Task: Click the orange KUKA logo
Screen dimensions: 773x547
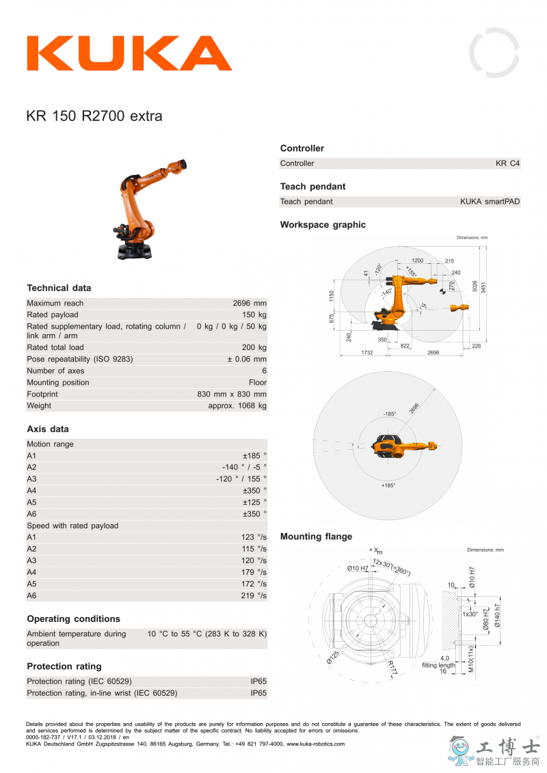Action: (x=129, y=53)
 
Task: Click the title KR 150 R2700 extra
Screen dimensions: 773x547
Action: (x=94, y=116)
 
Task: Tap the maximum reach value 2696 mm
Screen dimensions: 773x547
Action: (x=250, y=303)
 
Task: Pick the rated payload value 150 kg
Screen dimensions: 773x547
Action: (x=254, y=315)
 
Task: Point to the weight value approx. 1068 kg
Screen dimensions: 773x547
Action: (x=237, y=406)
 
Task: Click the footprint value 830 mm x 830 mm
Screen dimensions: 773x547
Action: (x=232, y=394)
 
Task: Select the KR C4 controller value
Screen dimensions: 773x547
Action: (x=507, y=163)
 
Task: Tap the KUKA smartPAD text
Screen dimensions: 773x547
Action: (x=490, y=202)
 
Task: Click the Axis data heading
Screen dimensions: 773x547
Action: (x=48, y=429)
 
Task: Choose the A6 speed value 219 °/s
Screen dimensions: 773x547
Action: (x=254, y=596)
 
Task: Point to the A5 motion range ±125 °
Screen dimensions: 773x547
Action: (x=254, y=502)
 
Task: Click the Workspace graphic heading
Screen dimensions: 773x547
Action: (x=323, y=225)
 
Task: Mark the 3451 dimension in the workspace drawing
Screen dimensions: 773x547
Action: (x=483, y=288)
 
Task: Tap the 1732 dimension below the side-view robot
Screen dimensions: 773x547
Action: (x=366, y=353)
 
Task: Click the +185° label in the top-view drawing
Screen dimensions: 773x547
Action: (x=388, y=485)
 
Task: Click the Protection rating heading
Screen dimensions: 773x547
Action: (x=64, y=666)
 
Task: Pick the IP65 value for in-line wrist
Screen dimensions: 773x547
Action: (x=258, y=693)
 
